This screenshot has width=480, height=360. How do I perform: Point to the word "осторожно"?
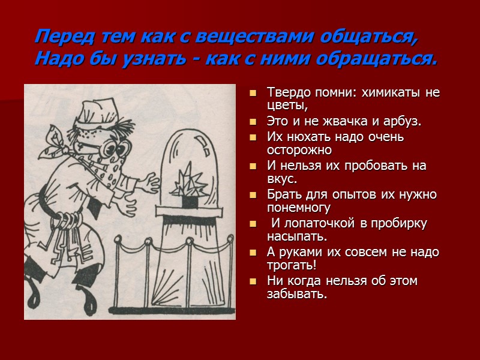299,149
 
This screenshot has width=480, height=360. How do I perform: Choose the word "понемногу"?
299,208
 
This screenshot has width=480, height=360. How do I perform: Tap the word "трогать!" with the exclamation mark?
292,266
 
